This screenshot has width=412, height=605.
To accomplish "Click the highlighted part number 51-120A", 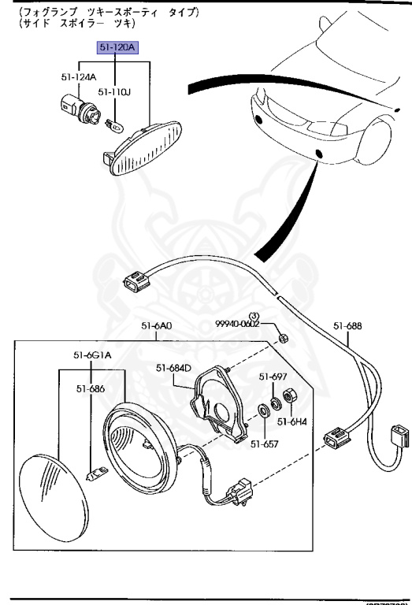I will (117, 48).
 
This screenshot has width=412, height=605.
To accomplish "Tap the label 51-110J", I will (113, 92).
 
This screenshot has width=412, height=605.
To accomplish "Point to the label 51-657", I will (264, 443).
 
